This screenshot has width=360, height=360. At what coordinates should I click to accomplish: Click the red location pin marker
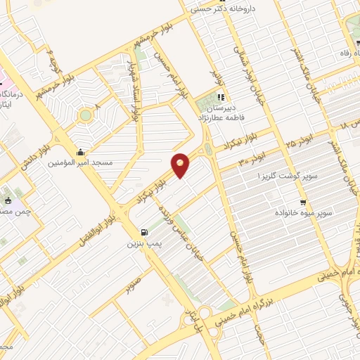point(180,165)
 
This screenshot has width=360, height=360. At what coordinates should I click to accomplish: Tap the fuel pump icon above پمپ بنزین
point(144,233)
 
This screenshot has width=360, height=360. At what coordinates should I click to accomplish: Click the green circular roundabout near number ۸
point(86,115)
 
